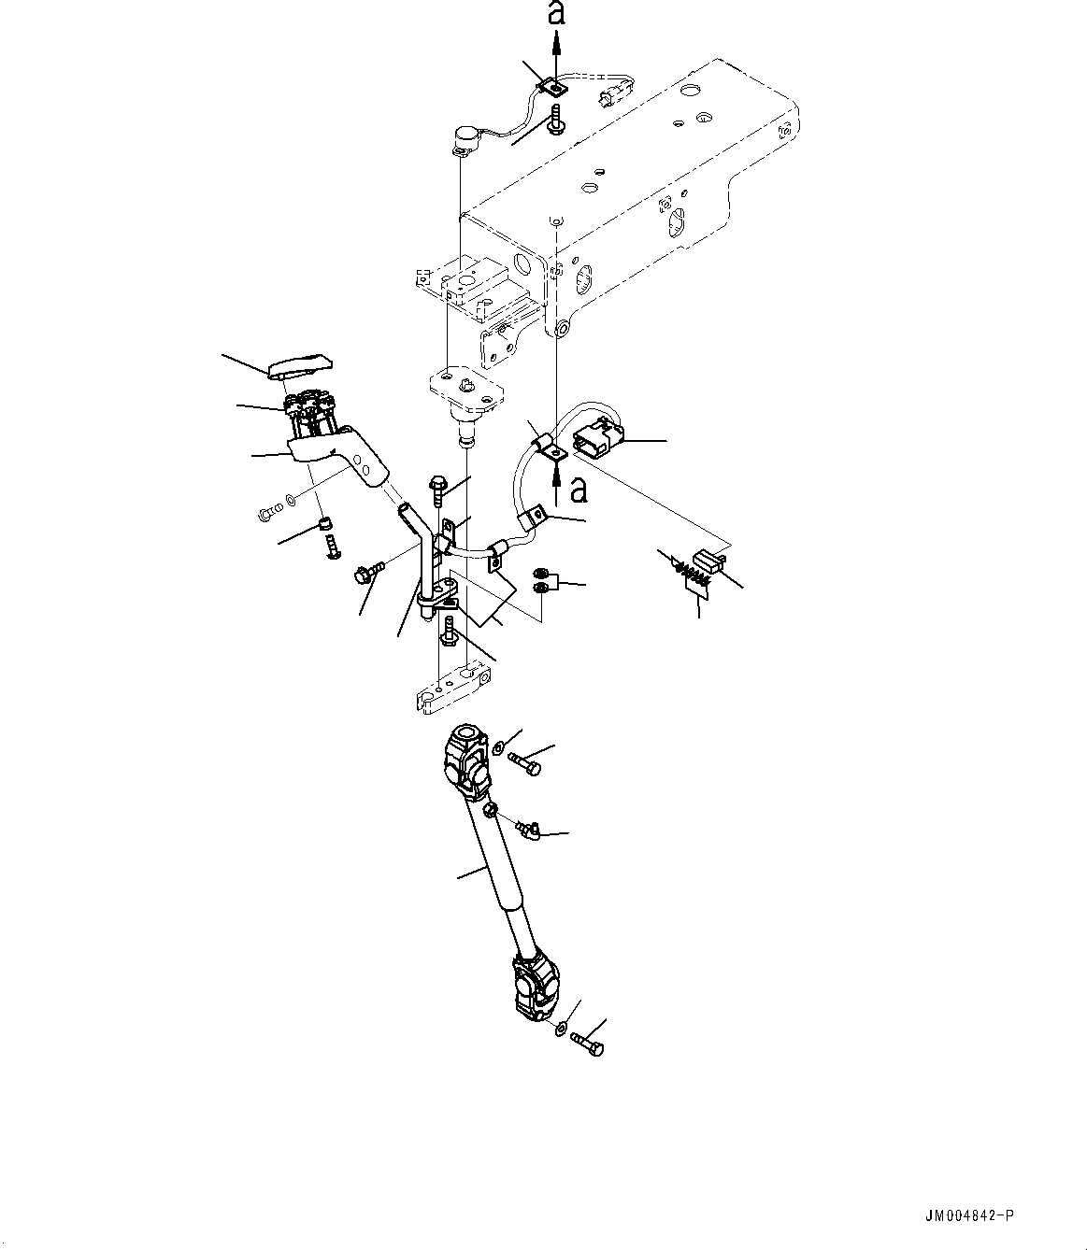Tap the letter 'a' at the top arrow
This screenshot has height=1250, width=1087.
coord(555,13)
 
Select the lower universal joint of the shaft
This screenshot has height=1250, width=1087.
coord(536,989)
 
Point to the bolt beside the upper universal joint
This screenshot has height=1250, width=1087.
coord(527,763)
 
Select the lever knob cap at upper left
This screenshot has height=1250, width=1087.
coord(298,365)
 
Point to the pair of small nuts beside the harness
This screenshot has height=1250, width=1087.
coord(542,581)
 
